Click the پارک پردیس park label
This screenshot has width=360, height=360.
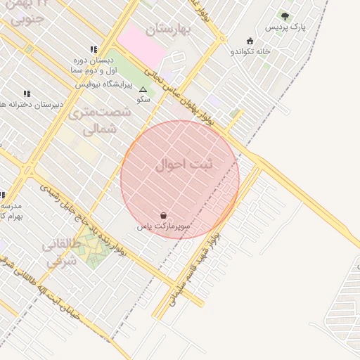pos(286,27)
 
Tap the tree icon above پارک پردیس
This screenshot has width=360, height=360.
pos(285,16)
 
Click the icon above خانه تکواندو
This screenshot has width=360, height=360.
pos(250,41)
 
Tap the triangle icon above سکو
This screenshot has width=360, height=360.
pos(143,90)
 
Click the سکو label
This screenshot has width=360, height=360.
pos(143,100)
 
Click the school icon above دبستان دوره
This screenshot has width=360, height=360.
pos(94,49)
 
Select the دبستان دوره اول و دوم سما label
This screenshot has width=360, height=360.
pos(95,65)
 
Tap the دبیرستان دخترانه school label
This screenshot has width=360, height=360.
pos(32,104)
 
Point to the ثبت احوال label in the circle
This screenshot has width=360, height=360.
pos(184,165)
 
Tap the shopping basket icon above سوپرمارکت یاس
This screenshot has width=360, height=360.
pos(164,216)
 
